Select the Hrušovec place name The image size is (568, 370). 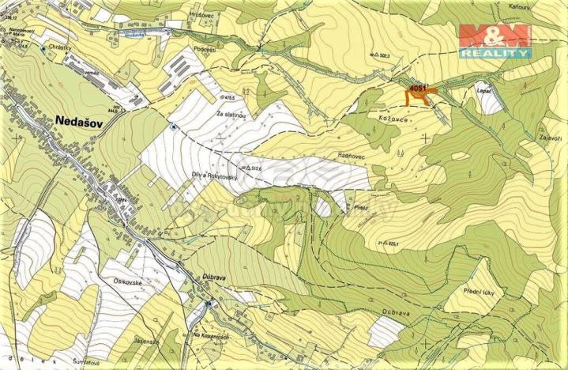point(179,14)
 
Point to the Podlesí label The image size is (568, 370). point(204,48)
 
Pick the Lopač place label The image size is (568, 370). point(484,92)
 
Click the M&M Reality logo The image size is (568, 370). point(495,42)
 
